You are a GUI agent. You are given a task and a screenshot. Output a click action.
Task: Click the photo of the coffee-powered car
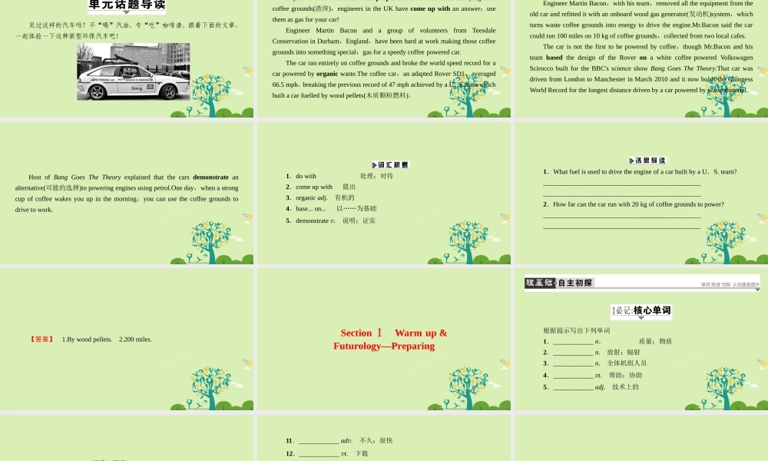click(x=133, y=71)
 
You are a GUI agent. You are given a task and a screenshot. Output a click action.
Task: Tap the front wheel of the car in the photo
click(x=98, y=92)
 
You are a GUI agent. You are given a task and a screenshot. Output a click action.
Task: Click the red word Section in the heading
click(x=356, y=333)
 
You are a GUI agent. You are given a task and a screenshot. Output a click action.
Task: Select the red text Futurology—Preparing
click(x=384, y=346)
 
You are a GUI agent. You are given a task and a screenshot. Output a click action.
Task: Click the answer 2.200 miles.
click(x=135, y=339)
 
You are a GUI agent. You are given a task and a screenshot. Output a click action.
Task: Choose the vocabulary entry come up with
click(x=314, y=187)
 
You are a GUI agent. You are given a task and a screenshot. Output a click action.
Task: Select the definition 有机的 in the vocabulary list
click(x=345, y=197)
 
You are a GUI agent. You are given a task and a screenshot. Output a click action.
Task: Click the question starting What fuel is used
click(x=644, y=171)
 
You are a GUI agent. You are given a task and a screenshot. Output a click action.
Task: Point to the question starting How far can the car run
click(x=638, y=204)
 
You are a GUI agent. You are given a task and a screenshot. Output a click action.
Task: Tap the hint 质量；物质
click(x=655, y=341)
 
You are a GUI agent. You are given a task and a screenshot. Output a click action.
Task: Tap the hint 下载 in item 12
click(x=362, y=453)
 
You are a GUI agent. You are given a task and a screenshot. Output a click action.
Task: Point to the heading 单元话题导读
click(x=127, y=5)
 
